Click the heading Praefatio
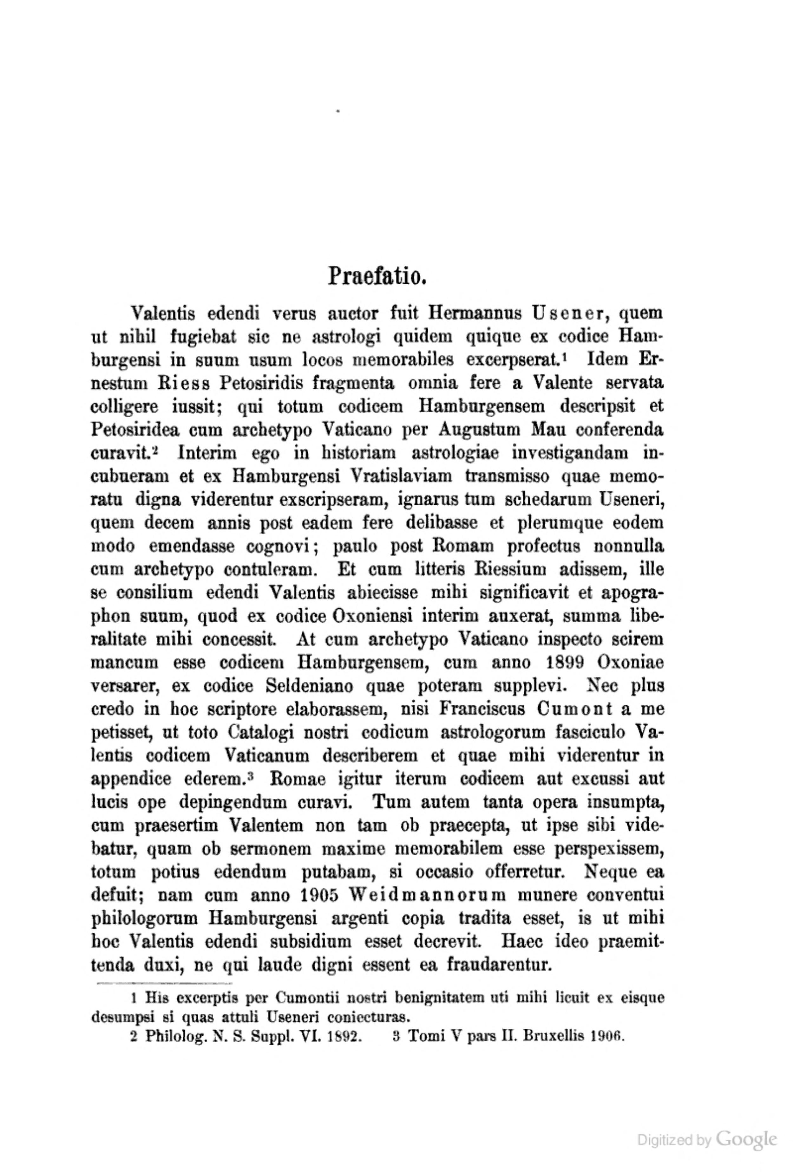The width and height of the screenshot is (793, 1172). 378,277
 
